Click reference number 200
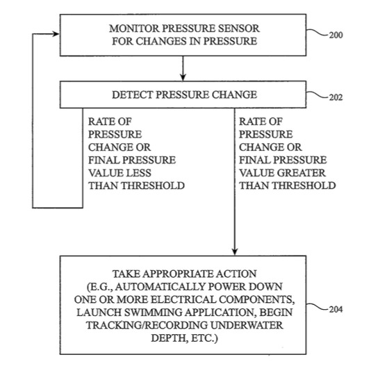tap(336, 35)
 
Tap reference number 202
tap(336, 97)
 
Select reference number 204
tap(336, 309)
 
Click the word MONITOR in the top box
tap(134, 28)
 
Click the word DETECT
tap(132, 94)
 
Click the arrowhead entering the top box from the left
tap(56, 34)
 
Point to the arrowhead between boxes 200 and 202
tap(183, 77)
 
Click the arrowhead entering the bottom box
tap(235, 251)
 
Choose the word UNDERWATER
tap(247, 325)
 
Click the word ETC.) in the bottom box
tap(204, 338)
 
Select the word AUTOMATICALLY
tap(161, 287)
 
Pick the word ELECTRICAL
tap(183, 299)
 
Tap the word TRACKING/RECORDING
tap(147, 325)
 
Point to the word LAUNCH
tap(99, 313)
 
